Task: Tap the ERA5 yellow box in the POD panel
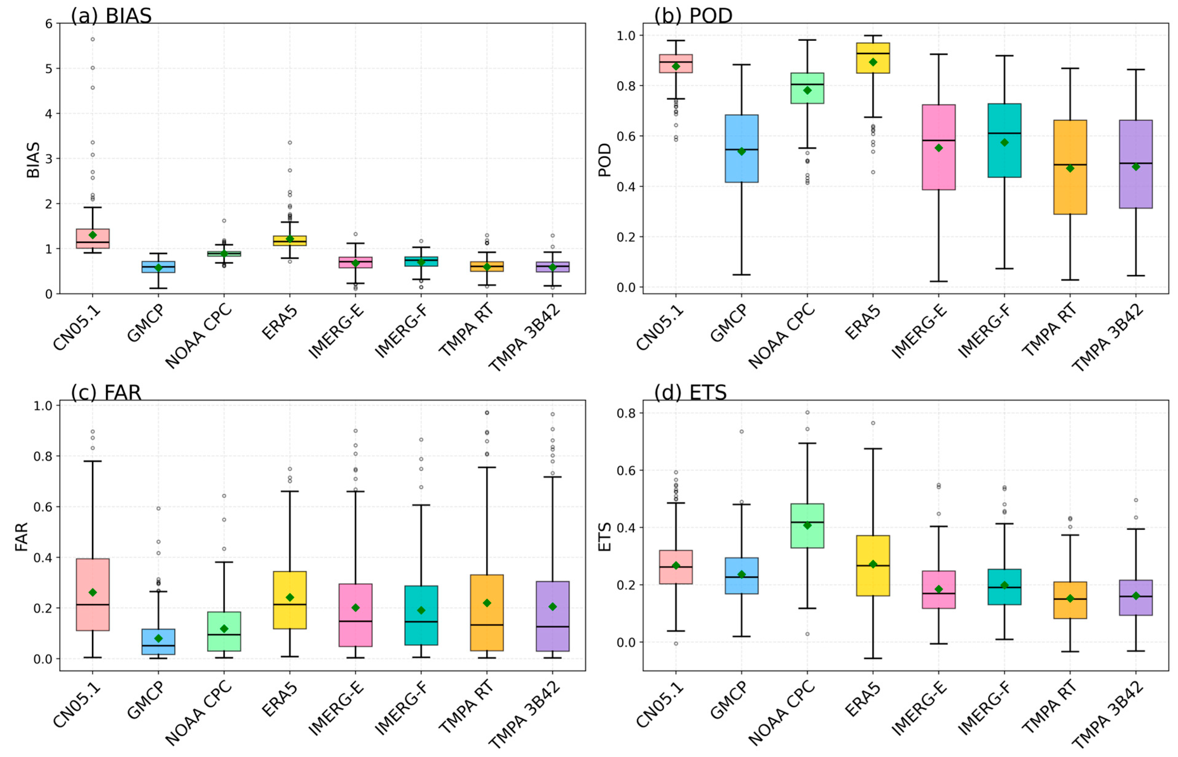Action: pyautogui.click(x=873, y=58)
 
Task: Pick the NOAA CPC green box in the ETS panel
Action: pyautogui.click(x=807, y=525)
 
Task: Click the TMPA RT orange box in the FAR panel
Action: pyautogui.click(x=487, y=612)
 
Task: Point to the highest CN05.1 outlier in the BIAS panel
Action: pyautogui.click(x=93, y=39)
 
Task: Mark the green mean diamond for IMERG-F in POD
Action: pyautogui.click(x=1005, y=142)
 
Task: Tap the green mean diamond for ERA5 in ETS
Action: pyautogui.click(x=873, y=564)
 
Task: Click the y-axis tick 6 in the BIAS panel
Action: pyautogui.click(x=49, y=24)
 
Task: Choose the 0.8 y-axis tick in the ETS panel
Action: pyautogui.click(x=626, y=413)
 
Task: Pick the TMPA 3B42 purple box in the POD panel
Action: pyautogui.click(x=1136, y=164)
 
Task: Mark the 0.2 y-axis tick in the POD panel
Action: pyautogui.click(x=626, y=237)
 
